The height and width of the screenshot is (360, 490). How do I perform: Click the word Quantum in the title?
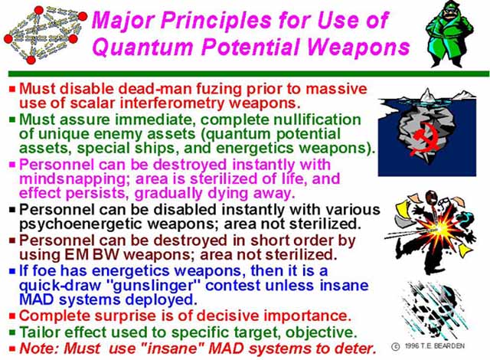142,47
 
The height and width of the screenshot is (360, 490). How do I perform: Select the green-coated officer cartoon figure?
449,34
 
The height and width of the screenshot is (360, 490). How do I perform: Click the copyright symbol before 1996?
395,346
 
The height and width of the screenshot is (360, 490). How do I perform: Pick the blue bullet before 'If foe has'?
12,271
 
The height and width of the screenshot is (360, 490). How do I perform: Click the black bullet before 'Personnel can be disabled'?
12,210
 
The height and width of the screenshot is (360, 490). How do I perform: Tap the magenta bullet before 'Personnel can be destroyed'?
12,165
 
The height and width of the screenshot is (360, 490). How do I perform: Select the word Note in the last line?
38,349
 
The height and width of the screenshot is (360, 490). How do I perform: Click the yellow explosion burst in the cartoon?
438,229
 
